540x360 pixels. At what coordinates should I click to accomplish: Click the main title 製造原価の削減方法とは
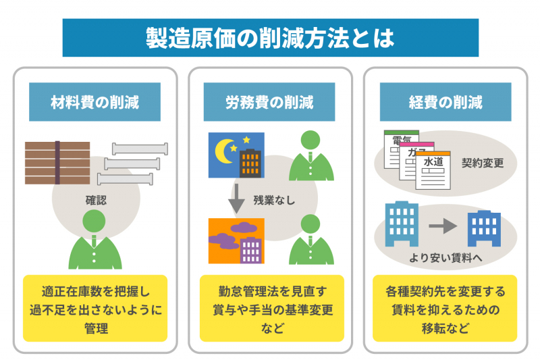click(x=270, y=38)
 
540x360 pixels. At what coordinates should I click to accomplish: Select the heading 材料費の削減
click(x=94, y=102)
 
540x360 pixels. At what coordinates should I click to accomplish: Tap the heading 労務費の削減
click(x=269, y=102)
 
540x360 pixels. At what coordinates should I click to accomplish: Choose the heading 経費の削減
click(x=446, y=102)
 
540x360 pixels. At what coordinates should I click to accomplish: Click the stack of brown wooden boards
click(x=57, y=163)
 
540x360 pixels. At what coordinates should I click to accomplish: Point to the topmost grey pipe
click(x=140, y=149)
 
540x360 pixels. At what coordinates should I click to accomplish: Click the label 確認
click(x=96, y=200)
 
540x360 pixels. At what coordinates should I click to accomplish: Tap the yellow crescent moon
click(x=224, y=151)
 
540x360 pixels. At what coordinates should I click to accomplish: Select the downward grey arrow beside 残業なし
click(x=237, y=199)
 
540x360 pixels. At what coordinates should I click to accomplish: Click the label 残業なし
click(x=274, y=200)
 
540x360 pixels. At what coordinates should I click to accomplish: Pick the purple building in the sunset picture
click(x=250, y=251)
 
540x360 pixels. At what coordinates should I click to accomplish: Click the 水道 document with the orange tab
click(x=433, y=170)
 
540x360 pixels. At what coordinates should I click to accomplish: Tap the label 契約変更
click(x=483, y=163)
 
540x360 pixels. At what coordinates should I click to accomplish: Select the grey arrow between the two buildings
click(x=443, y=226)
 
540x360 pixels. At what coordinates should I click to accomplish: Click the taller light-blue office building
click(x=402, y=224)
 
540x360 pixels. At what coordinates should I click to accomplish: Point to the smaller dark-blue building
click(x=484, y=228)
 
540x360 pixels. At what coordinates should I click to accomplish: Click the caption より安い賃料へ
click(x=446, y=258)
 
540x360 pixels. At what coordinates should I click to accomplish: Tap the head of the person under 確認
click(x=94, y=221)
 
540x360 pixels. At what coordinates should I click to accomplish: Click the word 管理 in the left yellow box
click(x=96, y=328)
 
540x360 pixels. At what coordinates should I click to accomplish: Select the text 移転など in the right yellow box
click(x=446, y=328)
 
